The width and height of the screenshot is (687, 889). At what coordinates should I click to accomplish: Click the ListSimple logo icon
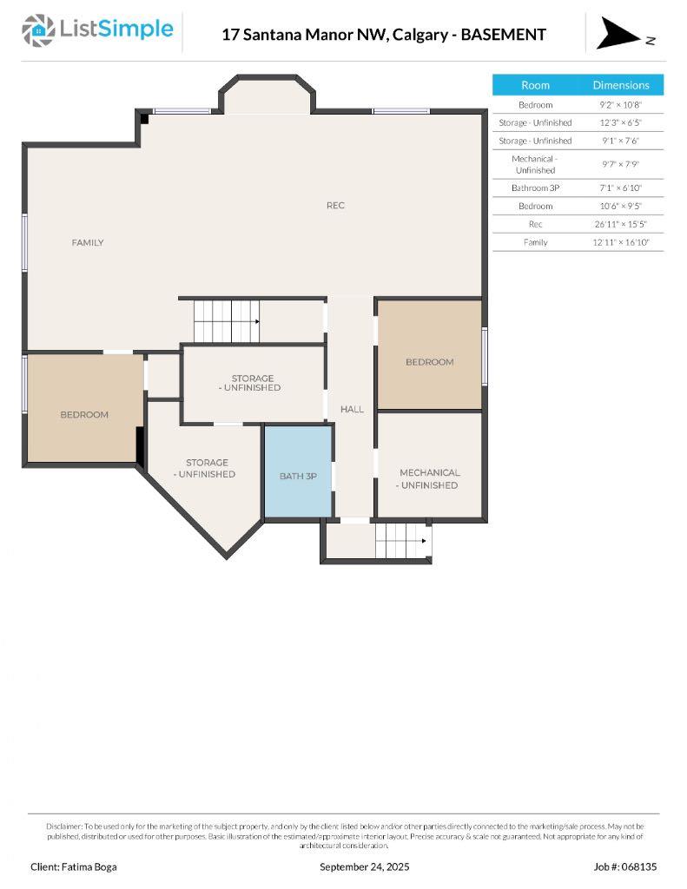point(37,30)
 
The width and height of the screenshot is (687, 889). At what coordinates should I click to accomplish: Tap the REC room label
point(335,206)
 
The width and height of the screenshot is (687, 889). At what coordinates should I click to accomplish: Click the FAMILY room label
point(87,243)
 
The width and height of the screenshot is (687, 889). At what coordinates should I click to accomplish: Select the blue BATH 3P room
point(298,475)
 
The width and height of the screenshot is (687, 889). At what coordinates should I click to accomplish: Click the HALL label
point(352,409)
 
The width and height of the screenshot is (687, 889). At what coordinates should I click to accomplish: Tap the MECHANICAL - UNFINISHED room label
point(429,479)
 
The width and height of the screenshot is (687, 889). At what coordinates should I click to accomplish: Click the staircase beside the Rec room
point(227,320)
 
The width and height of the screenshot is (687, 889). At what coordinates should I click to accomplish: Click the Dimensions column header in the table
point(620,85)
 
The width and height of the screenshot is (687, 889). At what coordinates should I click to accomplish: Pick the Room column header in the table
point(535,85)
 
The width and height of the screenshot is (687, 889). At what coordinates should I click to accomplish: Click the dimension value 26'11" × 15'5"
point(620,224)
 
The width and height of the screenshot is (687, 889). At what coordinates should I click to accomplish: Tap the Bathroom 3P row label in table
point(535,188)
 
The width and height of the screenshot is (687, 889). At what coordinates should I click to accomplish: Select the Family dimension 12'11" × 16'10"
point(620,242)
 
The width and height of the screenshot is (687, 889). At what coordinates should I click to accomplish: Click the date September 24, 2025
point(364,866)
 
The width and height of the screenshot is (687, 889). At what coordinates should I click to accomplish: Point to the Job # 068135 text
point(625,866)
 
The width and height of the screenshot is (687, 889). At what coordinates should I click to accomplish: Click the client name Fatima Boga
point(73,866)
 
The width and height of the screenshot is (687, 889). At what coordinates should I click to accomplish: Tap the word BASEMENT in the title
point(504,35)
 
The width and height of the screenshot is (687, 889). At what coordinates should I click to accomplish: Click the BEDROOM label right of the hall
point(429,362)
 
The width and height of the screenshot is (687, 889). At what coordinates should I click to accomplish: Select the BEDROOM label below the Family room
point(84,415)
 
